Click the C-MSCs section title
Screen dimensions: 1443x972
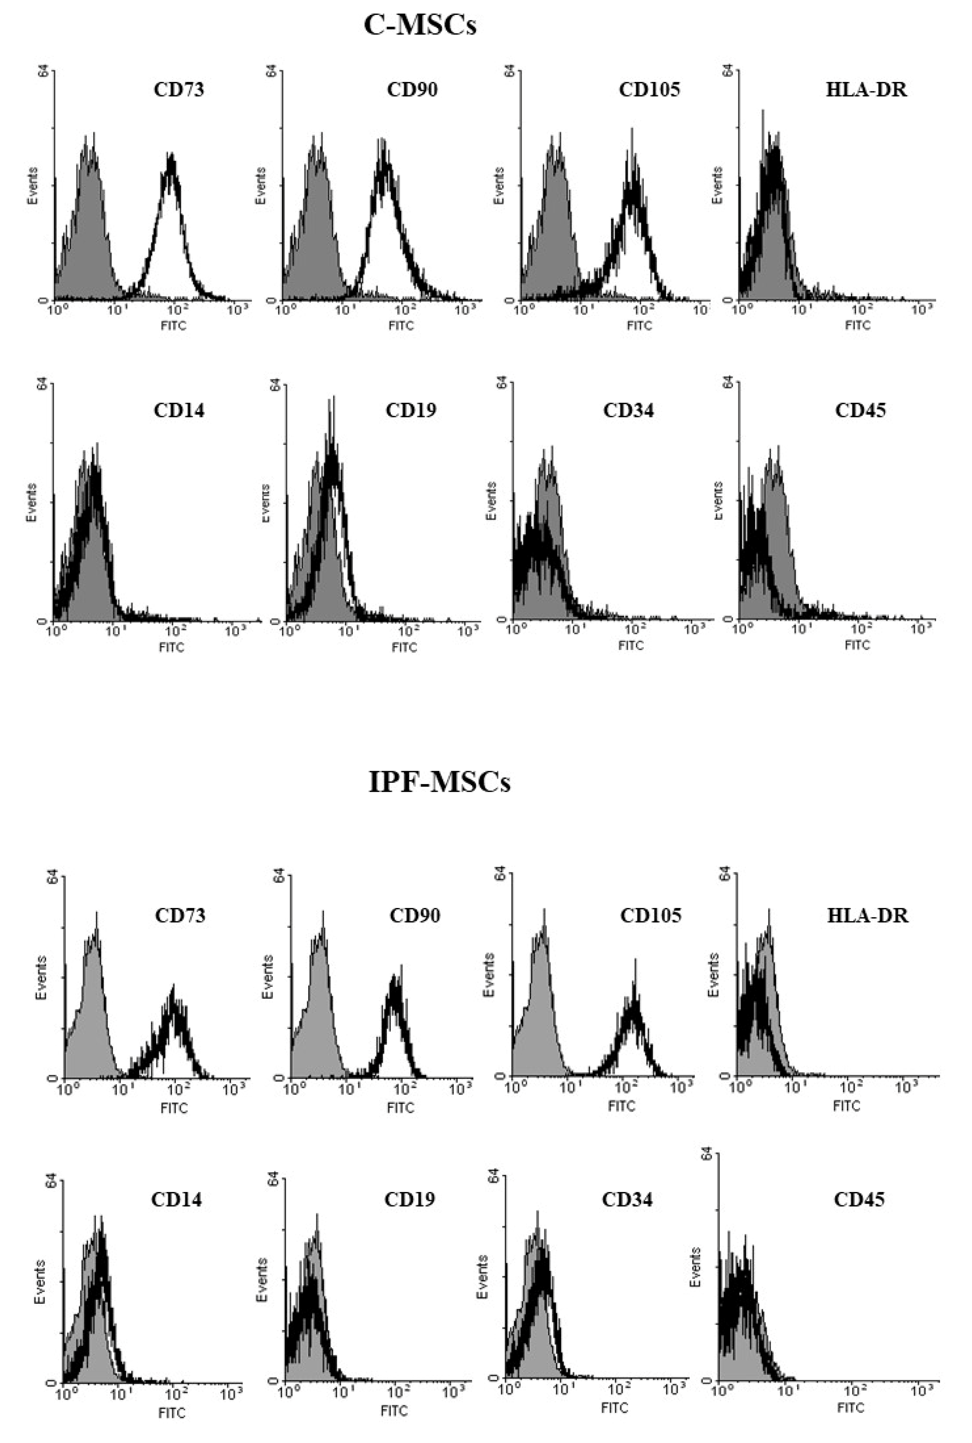click(420, 25)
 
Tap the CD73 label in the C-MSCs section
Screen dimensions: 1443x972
click(178, 90)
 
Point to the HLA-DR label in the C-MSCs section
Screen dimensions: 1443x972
click(866, 90)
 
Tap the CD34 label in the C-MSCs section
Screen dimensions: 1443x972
click(628, 410)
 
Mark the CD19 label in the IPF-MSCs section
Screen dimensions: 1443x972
click(410, 1199)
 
